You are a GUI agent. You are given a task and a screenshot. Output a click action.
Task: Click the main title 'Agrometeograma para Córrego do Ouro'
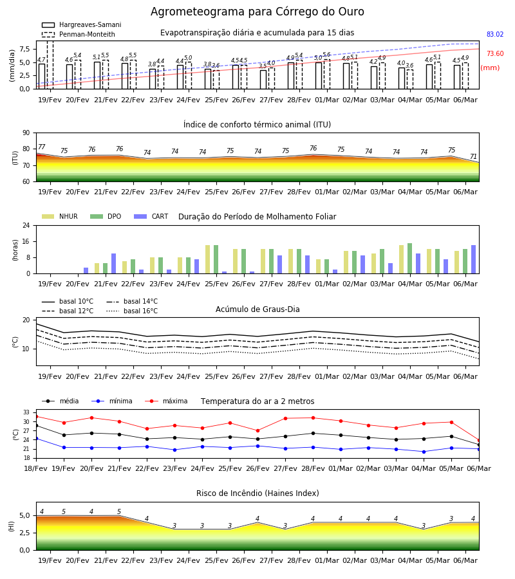[x=257, y=12]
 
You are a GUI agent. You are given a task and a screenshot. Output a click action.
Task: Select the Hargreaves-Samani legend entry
[x=82, y=24]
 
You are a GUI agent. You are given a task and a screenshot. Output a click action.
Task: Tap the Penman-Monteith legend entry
[x=79, y=34]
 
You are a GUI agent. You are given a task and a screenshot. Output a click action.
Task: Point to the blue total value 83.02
[x=495, y=34]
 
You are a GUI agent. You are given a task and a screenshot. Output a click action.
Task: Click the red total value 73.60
[x=495, y=53]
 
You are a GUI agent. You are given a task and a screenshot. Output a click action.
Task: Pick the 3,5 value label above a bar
[x=263, y=66]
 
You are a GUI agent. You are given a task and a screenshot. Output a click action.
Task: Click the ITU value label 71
[x=473, y=156]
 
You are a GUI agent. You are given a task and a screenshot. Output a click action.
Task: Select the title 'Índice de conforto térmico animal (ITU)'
[x=257, y=125]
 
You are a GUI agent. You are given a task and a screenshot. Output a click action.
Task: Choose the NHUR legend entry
[x=60, y=216]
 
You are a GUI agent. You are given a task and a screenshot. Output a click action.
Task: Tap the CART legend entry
[x=151, y=216]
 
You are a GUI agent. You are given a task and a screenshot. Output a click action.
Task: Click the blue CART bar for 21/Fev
[x=113, y=264]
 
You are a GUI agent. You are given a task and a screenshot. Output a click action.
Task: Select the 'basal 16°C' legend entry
[x=132, y=311]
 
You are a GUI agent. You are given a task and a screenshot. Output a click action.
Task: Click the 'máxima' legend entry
[x=166, y=401]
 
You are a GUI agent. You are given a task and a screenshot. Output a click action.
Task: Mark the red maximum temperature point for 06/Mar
[x=479, y=441]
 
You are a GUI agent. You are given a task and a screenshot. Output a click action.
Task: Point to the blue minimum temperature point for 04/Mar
[x=424, y=452]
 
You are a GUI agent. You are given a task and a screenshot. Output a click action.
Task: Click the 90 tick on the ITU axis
[x=26, y=133]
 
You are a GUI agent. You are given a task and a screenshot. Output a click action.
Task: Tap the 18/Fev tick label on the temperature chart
[x=36, y=468]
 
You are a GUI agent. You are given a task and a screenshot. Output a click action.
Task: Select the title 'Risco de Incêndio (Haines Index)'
[x=257, y=493]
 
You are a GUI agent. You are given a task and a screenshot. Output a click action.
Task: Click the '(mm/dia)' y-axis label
[x=12, y=66]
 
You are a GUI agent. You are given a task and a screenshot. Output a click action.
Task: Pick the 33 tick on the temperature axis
[x=26, y=412]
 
